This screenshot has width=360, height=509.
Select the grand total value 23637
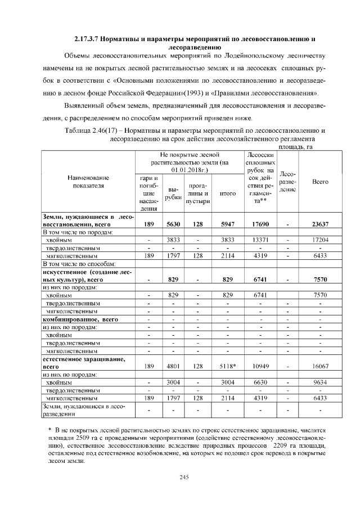(x=320, y=223)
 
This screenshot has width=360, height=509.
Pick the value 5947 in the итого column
(x=227, y=223)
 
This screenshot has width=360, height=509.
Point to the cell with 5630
(x=173, y=223)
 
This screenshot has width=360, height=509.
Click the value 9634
(x=320, y=381)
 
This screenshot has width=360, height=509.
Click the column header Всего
(x=320, y=182)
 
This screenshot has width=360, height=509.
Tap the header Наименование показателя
(x=88, y=182)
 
